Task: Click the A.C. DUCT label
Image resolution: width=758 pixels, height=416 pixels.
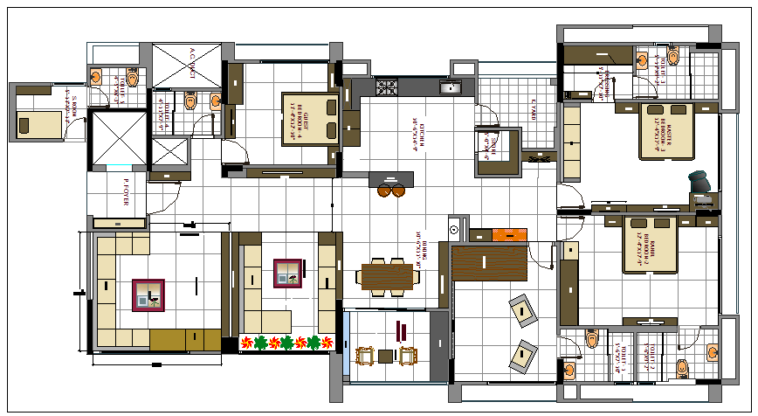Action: [190, 63]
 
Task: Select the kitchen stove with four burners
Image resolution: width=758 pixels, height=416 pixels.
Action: [387, 87]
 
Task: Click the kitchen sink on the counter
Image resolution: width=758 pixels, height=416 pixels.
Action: [452, 87]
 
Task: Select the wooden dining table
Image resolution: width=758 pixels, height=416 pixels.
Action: [386, 276]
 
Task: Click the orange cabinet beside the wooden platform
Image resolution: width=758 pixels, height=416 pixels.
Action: [510, 234]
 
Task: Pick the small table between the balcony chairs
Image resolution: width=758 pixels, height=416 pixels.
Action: [386, 356]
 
